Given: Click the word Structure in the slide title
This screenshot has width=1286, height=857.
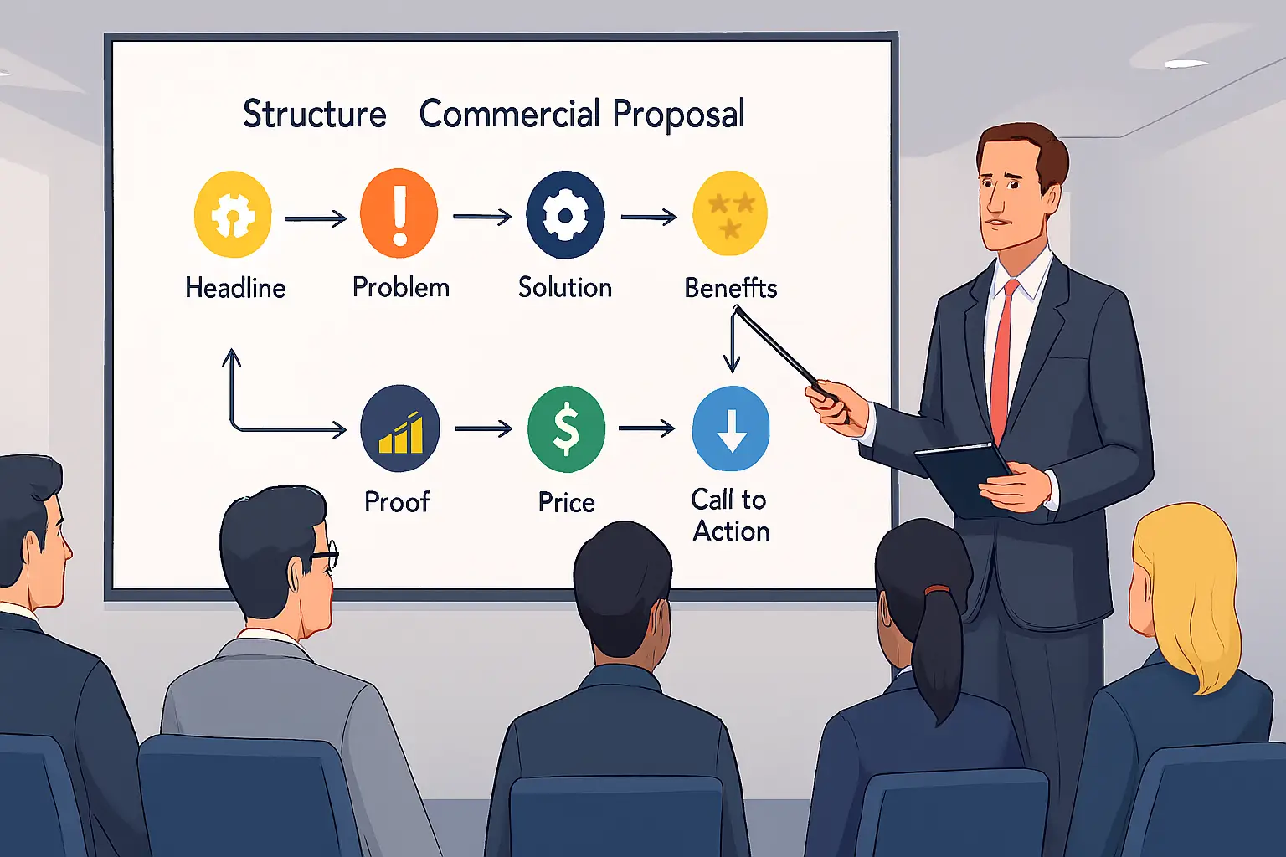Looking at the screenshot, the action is coord(315,114).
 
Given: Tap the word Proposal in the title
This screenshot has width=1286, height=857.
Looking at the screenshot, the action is coord(679,114).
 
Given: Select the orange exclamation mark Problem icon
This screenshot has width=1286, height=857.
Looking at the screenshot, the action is coord(399,213).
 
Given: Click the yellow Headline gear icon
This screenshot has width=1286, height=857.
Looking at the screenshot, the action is coord(233,213).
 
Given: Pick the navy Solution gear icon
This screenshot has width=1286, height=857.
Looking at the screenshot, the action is coord(565,215).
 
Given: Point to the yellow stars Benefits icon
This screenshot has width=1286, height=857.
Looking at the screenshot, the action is coord(730,213).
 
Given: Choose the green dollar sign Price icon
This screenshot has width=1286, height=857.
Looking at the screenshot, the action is coord(566,429).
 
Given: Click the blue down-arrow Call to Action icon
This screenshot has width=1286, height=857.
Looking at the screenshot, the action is coord(731,428).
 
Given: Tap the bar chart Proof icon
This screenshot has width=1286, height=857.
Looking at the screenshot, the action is coord(400,428).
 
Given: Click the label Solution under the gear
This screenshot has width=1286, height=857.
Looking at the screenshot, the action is coord(565,287).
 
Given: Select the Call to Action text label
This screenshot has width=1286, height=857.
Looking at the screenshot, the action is coord(730,515).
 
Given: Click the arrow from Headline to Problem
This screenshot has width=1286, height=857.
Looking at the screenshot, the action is coord(316,218).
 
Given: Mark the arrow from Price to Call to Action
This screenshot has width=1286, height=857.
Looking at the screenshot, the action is coord(646,428).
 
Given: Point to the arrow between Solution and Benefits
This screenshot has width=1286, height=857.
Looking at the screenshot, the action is coord(649,217).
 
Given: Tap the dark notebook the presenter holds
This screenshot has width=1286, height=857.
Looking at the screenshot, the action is coord(964,478).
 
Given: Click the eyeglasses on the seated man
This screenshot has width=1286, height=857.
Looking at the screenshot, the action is coord(324,554).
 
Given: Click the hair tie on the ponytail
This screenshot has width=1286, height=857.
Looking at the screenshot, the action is coord(936,589).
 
